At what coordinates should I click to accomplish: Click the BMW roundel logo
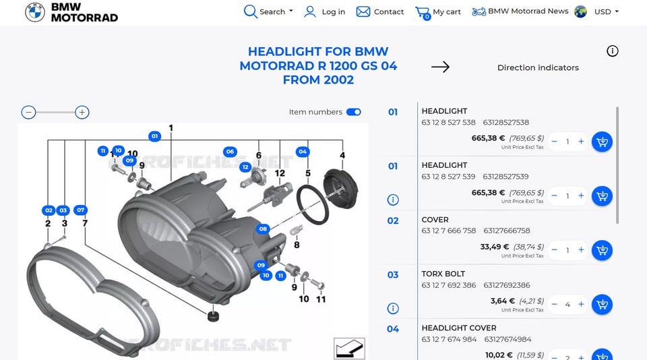(34, 12)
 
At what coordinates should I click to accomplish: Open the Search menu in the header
(268, 11)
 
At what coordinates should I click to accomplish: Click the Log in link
(324, 11)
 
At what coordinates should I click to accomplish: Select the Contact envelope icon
(363, 11)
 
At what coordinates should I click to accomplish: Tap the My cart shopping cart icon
(423, 12)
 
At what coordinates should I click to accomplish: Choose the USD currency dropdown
(606, 11)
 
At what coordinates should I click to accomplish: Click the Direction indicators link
(538, 67)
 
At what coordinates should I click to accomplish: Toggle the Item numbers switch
(354, 112)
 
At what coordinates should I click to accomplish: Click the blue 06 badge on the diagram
(230, 152)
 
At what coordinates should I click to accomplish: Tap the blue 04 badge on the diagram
(303, 152)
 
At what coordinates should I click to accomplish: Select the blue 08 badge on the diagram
(263, 229)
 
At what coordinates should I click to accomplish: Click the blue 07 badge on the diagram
(80, 210)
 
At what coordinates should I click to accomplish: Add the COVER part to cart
(602, 250)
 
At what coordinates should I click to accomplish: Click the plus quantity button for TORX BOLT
(581, 304)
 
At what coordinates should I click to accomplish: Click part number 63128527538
(506, 123)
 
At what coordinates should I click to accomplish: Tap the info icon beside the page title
(613, 51)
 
